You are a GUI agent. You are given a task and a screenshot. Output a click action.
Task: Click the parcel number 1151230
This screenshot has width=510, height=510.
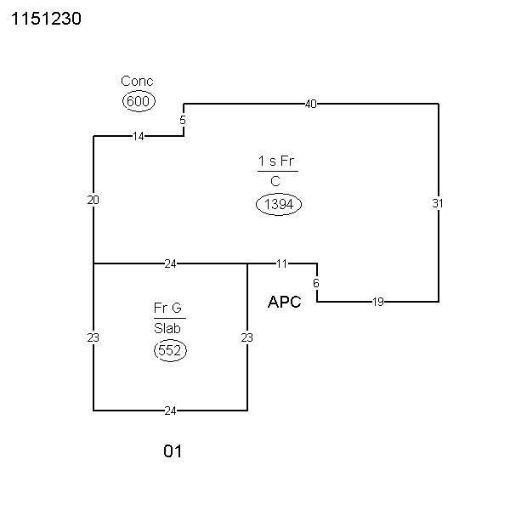(x=46, y=19)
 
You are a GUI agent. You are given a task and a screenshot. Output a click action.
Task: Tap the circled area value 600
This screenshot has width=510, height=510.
(x=137, y=101)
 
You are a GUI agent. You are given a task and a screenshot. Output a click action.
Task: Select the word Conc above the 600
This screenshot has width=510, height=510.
(x=137, y=82)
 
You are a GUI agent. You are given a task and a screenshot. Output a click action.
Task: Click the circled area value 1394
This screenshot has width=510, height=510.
(x=278, y=204)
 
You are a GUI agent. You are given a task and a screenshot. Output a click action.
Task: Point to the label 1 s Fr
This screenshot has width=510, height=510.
(x=277, y=161)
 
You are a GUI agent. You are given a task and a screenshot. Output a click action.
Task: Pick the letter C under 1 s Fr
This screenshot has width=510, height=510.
(x=275, y=181)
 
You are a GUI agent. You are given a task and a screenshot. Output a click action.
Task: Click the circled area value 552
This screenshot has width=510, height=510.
(x=170, y=350)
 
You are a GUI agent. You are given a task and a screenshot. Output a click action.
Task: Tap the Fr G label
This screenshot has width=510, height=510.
(x=167, y=308)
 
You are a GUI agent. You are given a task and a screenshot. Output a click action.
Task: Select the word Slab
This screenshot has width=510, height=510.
(x=167, y=328)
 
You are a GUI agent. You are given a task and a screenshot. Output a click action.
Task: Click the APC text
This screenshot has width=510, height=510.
(x=284, y=302)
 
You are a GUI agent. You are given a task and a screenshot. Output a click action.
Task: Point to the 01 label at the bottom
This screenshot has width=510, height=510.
(x=173, y=451)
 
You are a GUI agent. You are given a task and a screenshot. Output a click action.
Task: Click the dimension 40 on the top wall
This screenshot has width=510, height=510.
(x=310, y=104)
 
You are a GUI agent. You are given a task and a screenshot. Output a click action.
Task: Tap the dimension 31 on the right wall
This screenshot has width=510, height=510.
(x=438, y=203)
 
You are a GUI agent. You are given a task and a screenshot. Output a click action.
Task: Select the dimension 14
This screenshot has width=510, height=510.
(x=139, y=136)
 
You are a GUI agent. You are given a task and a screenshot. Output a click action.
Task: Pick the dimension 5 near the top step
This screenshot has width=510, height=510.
(x=183, y=120)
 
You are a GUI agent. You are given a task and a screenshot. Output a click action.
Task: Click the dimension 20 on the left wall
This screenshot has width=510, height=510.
(x=93, y=200)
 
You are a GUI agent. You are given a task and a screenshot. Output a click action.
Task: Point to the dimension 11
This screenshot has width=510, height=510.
(x=282, y=263)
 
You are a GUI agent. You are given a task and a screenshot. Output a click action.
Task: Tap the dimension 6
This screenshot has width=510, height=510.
(x=316, y=282)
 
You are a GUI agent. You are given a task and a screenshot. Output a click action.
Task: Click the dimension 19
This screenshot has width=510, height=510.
(x=378, y=302)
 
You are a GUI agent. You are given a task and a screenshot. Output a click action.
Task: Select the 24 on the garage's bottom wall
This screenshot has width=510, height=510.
(x=170, y=411)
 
